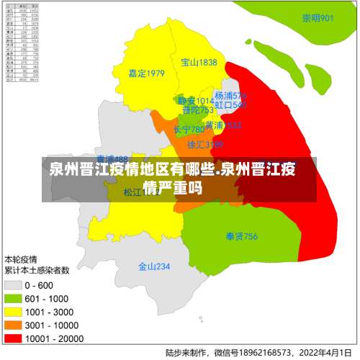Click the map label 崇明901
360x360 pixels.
coord(317,18)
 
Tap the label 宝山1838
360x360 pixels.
coord(199,63)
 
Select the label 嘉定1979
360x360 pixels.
coord(146,73)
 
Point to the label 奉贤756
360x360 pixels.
coord(241,236)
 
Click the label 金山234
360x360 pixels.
coord(154,266)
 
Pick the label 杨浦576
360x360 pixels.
coord(230,95)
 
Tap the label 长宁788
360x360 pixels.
coord(189,130)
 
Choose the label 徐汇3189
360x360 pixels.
coord(204,145)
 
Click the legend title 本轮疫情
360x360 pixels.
coord(22,258)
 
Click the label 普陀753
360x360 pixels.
coord(197,110)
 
